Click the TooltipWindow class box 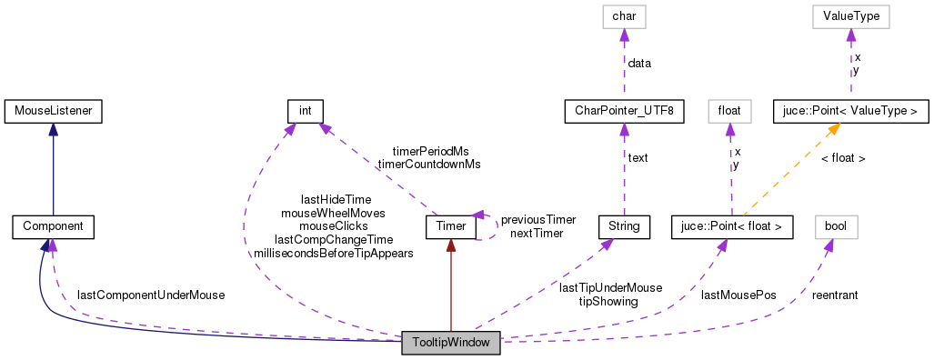[451, 345]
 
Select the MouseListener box [53, 112]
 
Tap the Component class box [53, 225]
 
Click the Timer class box [451, 225]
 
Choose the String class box [624, 225]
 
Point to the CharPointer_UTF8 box [624, 112]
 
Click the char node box [624, 16]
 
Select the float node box [728, 112]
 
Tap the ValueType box [851, 16]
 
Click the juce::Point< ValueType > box [851, 112]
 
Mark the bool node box [835, 225]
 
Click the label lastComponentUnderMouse [151, 295]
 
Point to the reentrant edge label [835, 295]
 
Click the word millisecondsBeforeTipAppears [334, 254]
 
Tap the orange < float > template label [842, 158]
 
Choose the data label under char [638, 64]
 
